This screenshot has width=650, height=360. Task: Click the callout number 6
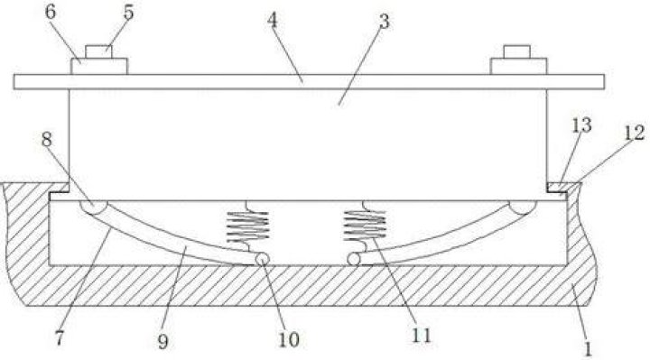pyautogui.click(x=51, y=13)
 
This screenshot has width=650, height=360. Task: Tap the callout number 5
pyautogui.click(x=129, y=13)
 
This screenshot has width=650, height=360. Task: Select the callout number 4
pyautogui.click(x=272, y=20)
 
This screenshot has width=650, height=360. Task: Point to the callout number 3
pyautogui.click(x=385, y=22)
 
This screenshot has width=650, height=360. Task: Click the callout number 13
pyautogui.click(x=582, y=125)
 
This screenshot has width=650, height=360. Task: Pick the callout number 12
pyautogui.click(x=635, y=133)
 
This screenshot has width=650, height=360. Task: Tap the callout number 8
pyautogui.click(x=47, y=139)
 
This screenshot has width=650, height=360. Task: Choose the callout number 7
pyautogui.click(x=60, y=339)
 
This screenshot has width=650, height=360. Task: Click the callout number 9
pyautogui.click(x=162, y=342)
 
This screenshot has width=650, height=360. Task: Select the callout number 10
pyautogui.click(x=289, y=340)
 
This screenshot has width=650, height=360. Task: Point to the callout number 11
pyautogui.click(x=422, y=335)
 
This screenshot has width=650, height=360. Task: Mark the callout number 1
pyautogui.click(x=588, y=349)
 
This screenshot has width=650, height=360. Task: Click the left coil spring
pyautogui.click(x=247, y=226)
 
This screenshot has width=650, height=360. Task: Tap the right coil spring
pyautogui.click(x=365, y=226)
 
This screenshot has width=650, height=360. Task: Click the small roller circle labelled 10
pyautogui.click(x=263, y=259)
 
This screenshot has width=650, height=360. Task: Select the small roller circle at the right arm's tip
pyautogui.click(x=354, y=259)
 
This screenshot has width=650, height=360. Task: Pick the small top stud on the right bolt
pyautogui.click(x=517, y=51)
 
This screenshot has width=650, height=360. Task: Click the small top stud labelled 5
pyautogui.click(x=98, y=51)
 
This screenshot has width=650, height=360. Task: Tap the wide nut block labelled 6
pyautogui.click(x=98, y=66)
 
